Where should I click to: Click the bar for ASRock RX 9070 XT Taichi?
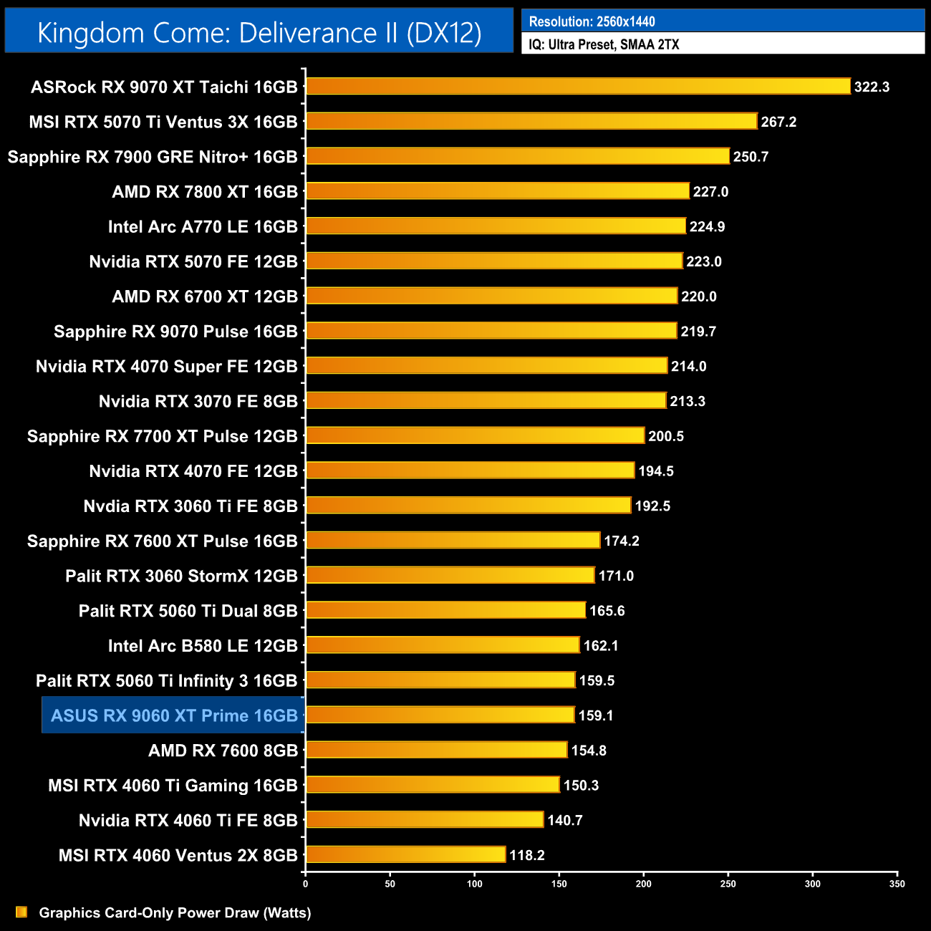(578, 87)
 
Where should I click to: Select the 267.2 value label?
(778, 122)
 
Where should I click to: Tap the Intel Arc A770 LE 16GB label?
(203, 227)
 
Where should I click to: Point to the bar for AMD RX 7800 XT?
(498, 191)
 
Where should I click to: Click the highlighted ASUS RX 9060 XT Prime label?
(174, 715)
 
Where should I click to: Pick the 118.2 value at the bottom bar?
(526, 855)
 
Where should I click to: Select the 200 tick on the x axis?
(643, 884)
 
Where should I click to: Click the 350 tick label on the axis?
(897, 884)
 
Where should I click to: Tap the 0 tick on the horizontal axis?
(306, 884)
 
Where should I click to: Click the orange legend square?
(21, 912)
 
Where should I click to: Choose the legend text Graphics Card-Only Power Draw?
(175, 913)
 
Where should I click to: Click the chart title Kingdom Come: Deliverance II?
(259, 33)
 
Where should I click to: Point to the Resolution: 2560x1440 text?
(592, 21)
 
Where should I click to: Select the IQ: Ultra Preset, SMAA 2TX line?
(604, 44)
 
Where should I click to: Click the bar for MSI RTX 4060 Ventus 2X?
(406, 855)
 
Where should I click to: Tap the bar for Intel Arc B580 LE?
(443, 645)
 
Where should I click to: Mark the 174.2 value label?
(621, 541)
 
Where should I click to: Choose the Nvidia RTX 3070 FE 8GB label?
(198, 402)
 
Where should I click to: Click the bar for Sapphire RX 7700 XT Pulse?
(476, 435)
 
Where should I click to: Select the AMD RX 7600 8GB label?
(223, 751)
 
